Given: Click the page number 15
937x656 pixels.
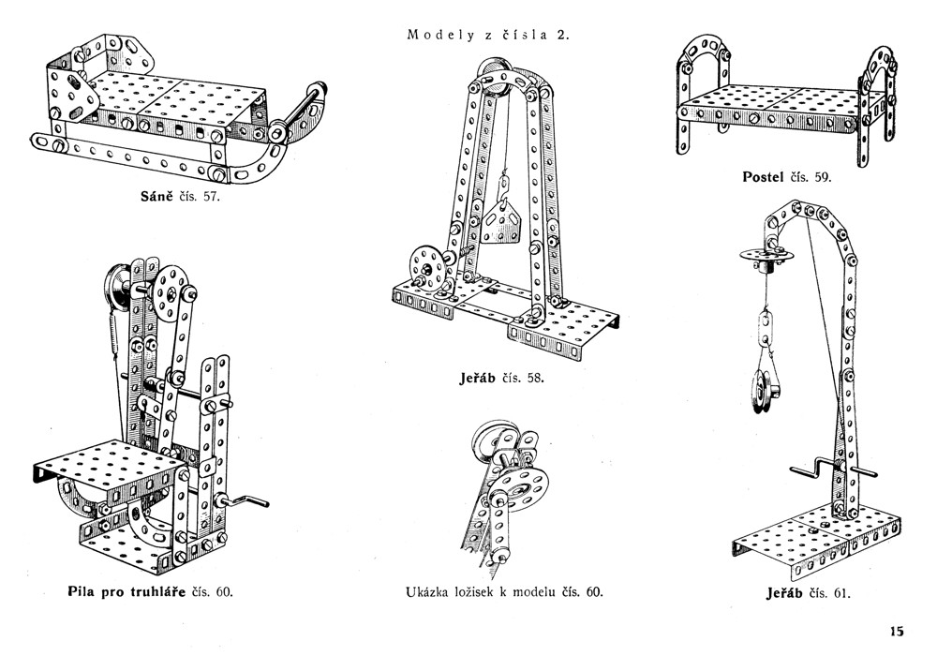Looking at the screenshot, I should pos(896,630).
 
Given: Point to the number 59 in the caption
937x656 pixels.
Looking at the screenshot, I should pos(822,176).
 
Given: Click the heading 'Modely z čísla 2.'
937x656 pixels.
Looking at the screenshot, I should pos(488,36).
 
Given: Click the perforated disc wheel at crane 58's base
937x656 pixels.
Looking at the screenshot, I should pos(424,266).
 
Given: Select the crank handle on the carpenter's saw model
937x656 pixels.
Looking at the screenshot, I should pos(253,503).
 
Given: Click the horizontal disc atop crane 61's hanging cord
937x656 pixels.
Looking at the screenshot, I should pos(765,253).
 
